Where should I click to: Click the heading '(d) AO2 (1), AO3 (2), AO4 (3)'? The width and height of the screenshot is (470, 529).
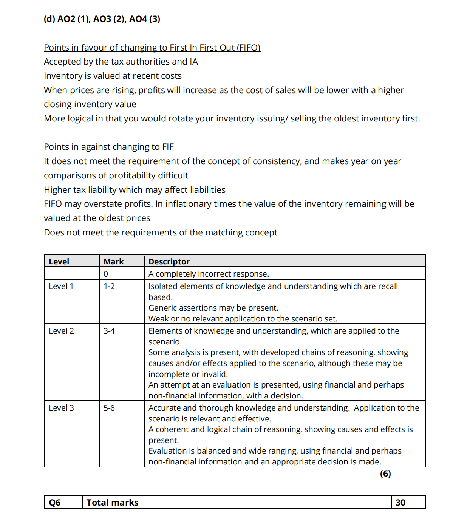(x=102, y=19)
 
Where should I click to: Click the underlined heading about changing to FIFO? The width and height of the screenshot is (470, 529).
(x=152, y=48)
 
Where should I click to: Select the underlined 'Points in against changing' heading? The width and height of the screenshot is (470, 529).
(x=109, y=147)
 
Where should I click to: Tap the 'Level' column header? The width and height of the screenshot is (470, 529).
(x=59, y=261)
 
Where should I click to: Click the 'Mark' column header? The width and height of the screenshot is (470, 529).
(x=114, y=261)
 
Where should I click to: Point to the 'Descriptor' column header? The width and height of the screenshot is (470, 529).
(x=169, y=261)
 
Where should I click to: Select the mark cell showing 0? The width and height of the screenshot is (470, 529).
(x=106, y=274)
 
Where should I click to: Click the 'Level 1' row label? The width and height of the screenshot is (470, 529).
(x=61, y=286)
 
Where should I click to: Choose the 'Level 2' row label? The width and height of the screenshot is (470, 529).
(x=61, y=331)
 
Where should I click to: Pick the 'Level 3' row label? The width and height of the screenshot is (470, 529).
(x=61, y=408)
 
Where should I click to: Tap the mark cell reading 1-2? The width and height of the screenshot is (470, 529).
(x=109, y=286)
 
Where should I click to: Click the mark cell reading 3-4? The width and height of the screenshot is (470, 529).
(x=109, y=331)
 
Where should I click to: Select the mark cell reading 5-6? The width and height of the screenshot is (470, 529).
(x=109, y=408)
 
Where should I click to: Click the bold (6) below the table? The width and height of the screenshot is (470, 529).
(x=385, y=474)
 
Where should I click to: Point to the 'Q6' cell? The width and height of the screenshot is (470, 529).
(x=55, y=503)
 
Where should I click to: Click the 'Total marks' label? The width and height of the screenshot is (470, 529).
(x=113, y=503)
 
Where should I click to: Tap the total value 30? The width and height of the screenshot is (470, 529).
(x=400, y=503)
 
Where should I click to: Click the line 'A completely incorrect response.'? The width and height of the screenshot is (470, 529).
(x=209, y=274)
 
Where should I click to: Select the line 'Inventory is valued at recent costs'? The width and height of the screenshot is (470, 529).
(x=113, y=76)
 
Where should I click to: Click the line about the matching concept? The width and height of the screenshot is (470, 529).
(x=161, y=232)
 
